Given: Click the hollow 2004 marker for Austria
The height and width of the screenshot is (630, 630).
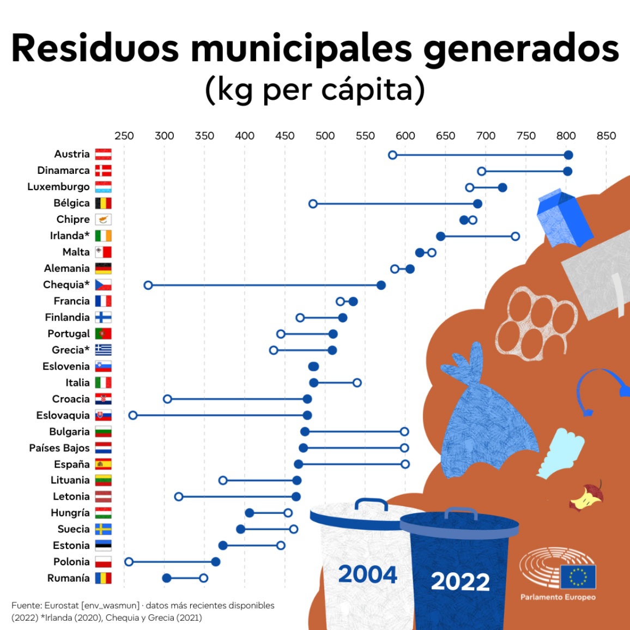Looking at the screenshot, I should point(392,155).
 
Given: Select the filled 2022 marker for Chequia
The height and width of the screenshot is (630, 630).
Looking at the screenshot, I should point(381,286).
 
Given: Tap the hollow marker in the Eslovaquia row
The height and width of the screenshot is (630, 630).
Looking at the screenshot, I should point(133,415).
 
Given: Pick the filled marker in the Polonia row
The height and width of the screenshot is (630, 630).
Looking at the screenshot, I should point(216,562).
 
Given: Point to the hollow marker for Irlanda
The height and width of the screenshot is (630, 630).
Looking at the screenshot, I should point(515,237).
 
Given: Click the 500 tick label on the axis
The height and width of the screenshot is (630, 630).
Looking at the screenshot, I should point(325,136).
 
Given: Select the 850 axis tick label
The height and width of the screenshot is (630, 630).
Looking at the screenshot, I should point(606,136).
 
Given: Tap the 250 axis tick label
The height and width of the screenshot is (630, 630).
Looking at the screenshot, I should point(124,136).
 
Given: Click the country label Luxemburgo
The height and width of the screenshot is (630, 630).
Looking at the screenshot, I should point(58,187).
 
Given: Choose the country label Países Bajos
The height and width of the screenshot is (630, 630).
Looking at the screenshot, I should point(59,448).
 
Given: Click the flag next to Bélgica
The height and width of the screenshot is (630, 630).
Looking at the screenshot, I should point(103,203).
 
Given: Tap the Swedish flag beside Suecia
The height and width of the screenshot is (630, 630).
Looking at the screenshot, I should point(103,529).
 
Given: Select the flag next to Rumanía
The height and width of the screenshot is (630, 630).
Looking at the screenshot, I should point(103,578).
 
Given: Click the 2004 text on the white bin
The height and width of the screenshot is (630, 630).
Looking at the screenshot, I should point(367,574).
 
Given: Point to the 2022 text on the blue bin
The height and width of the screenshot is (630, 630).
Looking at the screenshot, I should point(460,581).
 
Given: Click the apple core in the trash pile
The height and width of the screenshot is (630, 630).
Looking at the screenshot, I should point(587,496).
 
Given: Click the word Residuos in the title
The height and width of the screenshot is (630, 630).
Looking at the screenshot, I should point(95,49).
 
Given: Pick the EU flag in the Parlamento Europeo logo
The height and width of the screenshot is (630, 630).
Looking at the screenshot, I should point(578,577).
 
